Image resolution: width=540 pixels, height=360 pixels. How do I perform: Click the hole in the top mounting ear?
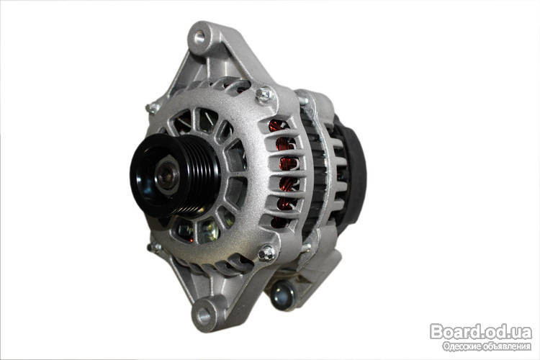point(199,37)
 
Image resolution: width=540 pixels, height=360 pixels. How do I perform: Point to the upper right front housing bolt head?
point(264,94)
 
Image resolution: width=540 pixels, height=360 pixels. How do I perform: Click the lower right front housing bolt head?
point(267,253)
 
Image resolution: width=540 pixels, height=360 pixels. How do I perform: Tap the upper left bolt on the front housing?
point(152,109)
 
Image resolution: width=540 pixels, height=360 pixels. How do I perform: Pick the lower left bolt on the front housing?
point(153,247)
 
